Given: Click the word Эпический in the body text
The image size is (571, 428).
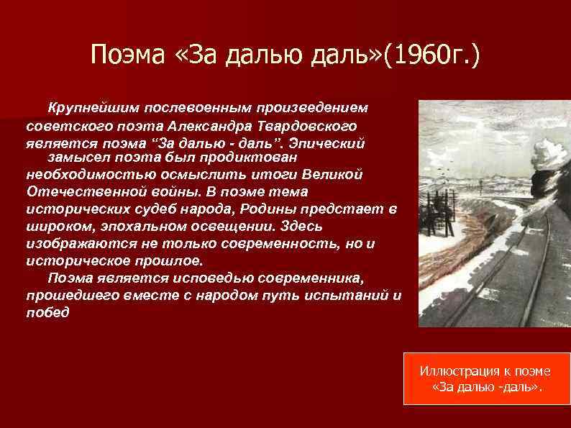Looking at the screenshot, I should click(x=332, y=142).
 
